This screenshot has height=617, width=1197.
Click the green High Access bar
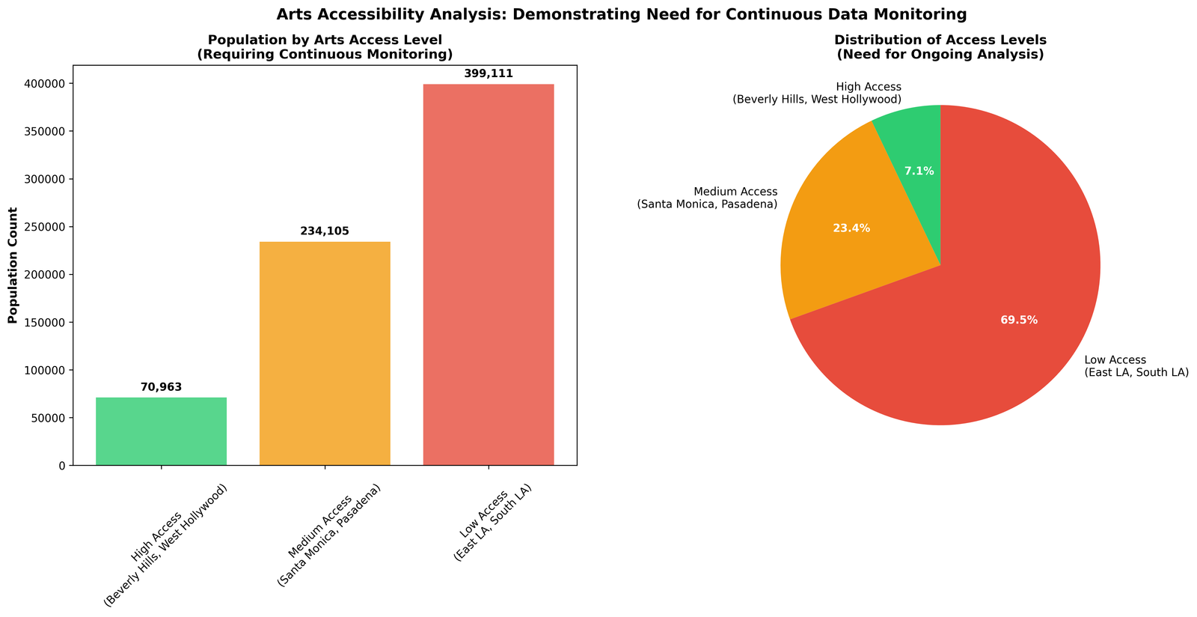[161, 431]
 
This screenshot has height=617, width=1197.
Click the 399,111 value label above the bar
[489, 73]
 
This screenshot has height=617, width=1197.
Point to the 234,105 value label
[325, 231]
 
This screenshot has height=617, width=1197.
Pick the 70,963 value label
[161, 387]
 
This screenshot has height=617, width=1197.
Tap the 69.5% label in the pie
[1019, 320]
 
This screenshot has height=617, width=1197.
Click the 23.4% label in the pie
[851, 228]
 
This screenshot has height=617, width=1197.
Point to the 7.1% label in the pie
[919, 171]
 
